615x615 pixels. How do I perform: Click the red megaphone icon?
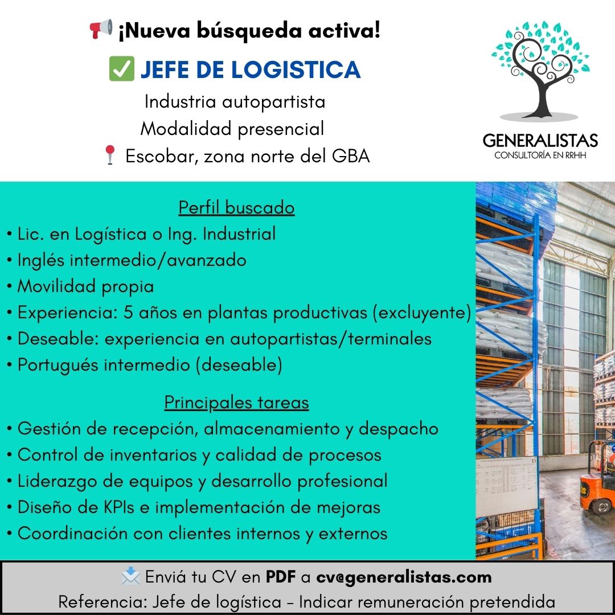(101, 28)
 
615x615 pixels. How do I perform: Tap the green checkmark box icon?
(122, 69)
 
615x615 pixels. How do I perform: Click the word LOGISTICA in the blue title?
(296, 69)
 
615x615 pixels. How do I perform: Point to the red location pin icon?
(110, 155)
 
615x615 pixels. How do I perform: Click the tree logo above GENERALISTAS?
(540, 70)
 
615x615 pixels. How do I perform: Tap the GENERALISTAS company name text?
(540, 141)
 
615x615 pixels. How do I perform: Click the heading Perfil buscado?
(236, 207)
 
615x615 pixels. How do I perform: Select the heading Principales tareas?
(236, 403)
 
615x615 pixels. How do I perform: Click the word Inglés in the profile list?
(41, 260)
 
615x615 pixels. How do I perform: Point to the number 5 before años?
(128, 312)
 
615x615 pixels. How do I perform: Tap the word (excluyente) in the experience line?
(422, 313)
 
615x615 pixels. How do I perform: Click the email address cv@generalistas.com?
(404, 577)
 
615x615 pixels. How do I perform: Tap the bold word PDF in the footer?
(280, 576)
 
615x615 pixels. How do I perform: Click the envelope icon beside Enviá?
(130, 576)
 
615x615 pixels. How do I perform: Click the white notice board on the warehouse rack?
(506, 486)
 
